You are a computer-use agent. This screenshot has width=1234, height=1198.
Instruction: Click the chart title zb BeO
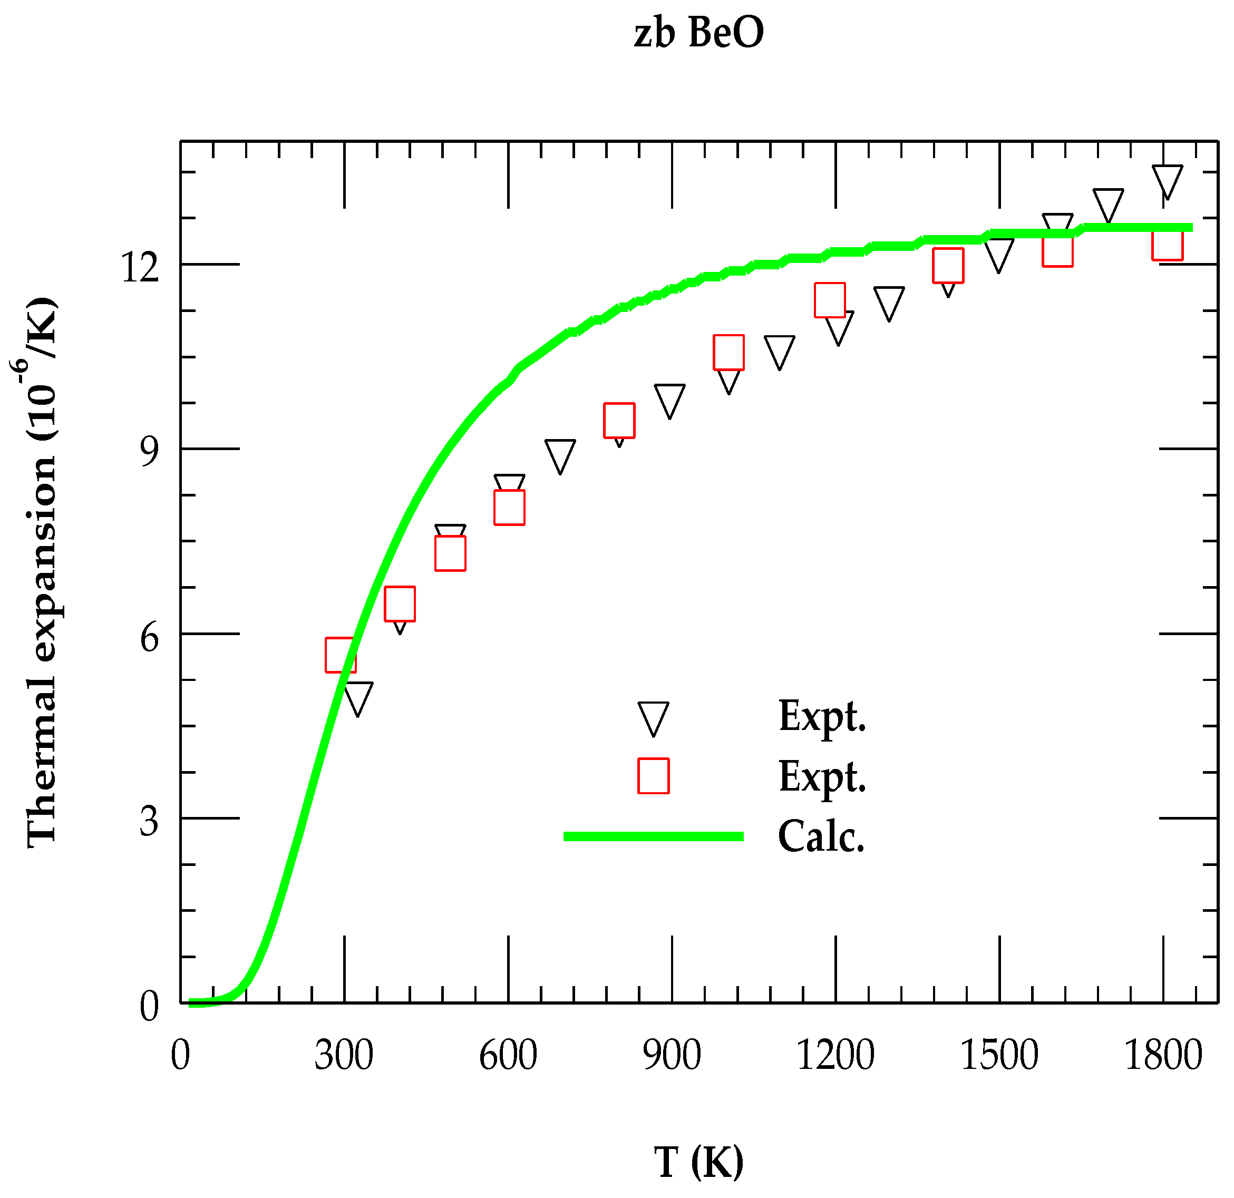698,33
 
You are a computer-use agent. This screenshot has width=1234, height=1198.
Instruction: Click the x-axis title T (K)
698,1162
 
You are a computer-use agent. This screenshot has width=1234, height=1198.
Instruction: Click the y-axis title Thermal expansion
42,572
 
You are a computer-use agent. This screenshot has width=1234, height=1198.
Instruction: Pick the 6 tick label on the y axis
149,638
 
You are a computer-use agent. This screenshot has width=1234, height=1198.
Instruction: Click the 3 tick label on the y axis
149,822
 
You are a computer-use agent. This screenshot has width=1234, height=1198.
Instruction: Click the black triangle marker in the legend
653,716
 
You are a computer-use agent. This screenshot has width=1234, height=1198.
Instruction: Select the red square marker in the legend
653,776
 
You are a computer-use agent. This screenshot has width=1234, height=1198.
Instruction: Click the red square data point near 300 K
341,655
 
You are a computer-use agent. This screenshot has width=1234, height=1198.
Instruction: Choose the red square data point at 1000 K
728,353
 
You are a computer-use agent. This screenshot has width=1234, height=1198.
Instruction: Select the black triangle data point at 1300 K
889,301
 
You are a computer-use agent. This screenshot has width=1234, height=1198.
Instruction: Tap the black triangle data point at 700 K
560,454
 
